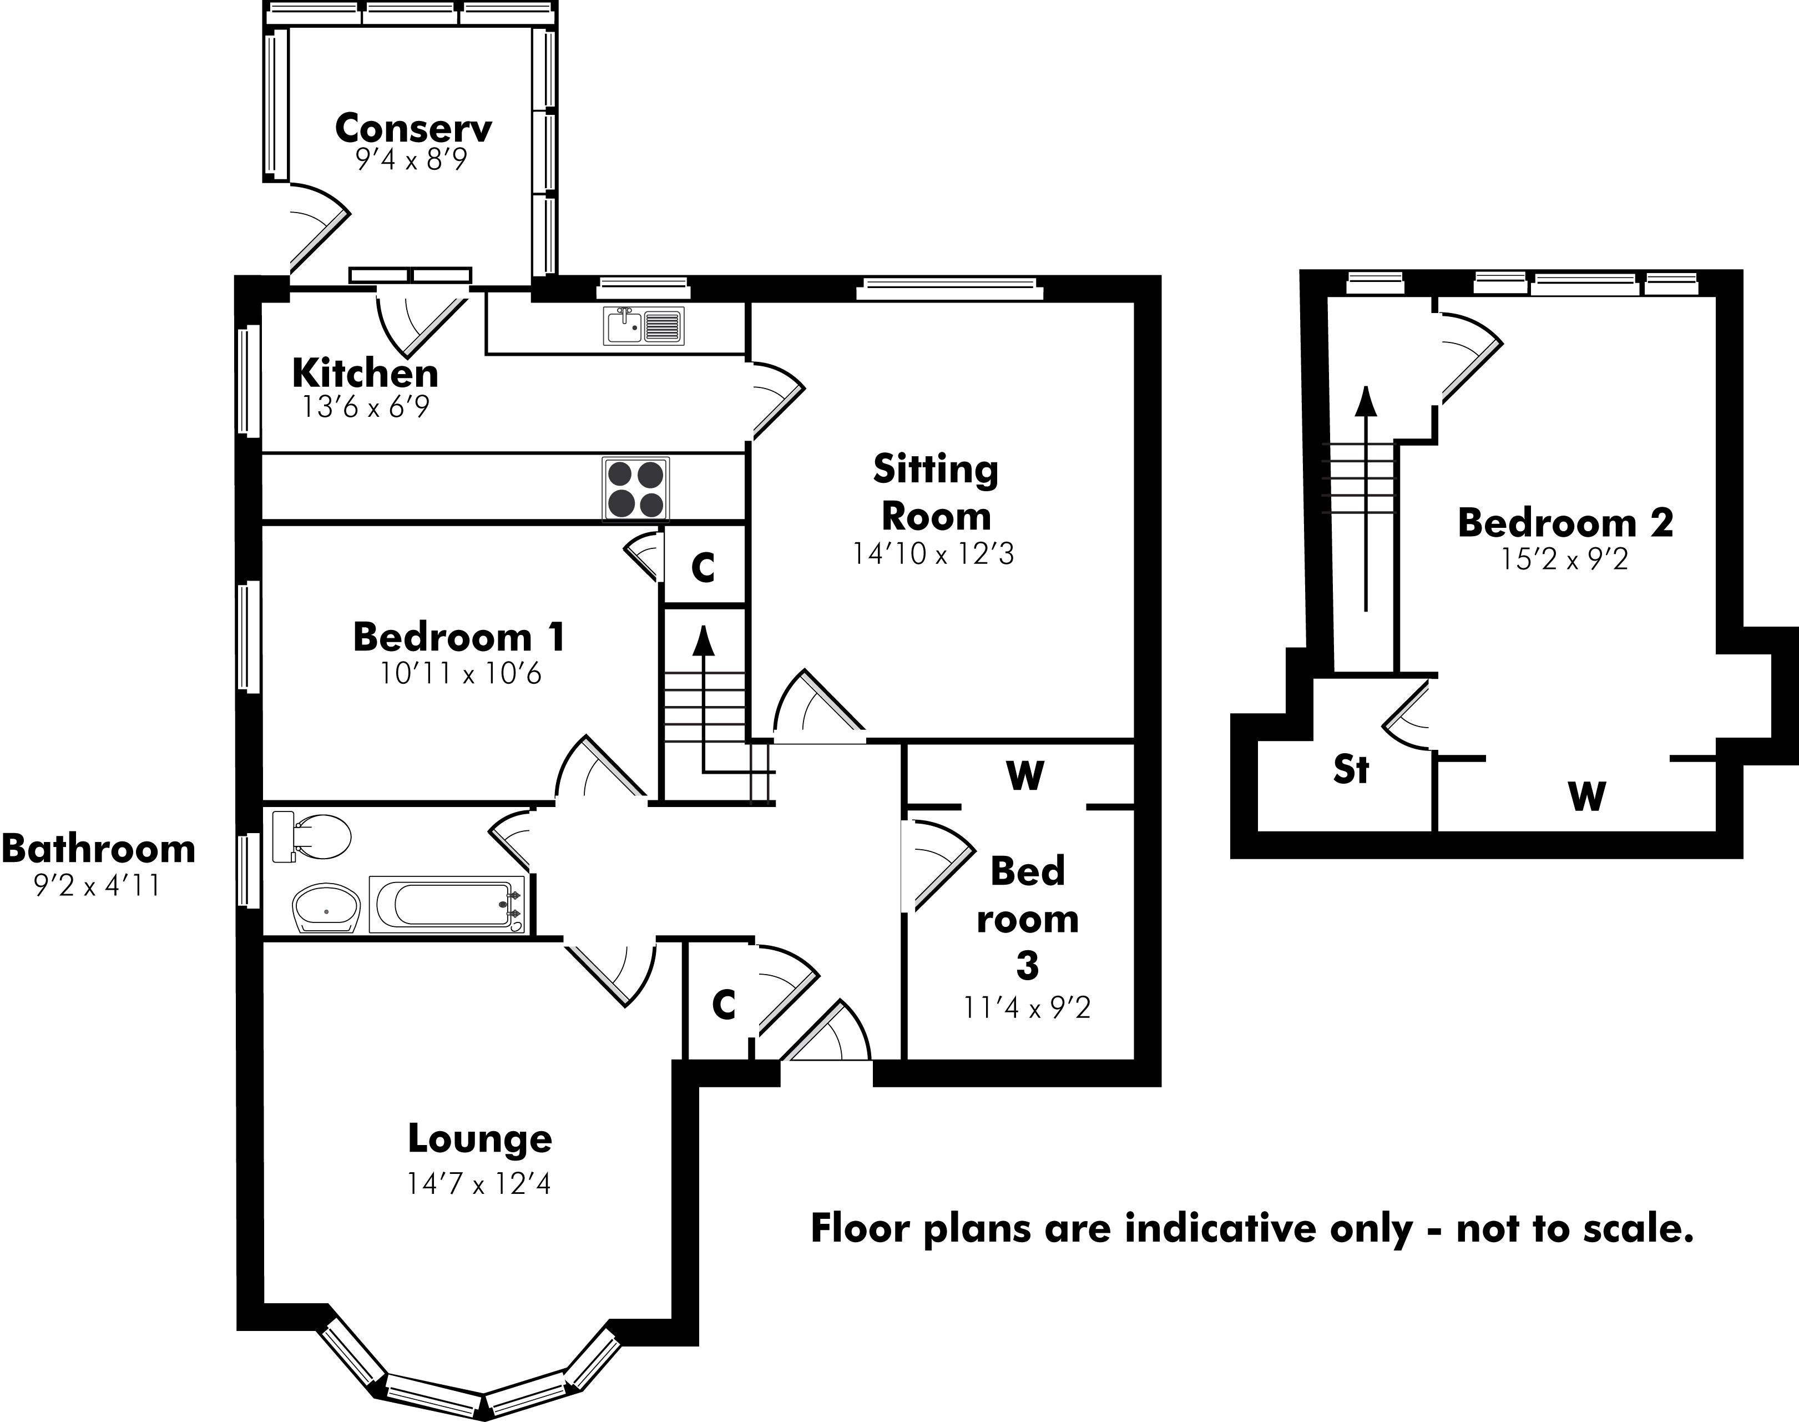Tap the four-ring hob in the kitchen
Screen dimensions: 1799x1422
point(636,490)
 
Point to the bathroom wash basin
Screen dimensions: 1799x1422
point(326,907)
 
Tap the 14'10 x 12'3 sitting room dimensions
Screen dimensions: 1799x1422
point(933,554)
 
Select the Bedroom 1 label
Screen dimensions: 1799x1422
point(459,638)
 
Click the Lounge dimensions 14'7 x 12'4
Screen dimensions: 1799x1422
point(479,1183)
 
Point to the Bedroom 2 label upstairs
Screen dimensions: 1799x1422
point(1565,523)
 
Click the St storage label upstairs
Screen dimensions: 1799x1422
point(1350,769)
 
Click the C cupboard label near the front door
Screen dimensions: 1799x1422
point(724,1006)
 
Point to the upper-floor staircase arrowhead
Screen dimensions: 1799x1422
point(1365,401)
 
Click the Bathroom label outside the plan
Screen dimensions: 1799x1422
point(98,849)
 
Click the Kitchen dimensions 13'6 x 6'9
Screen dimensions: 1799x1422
point(366,407)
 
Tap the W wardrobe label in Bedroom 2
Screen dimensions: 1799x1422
point(1586,797)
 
